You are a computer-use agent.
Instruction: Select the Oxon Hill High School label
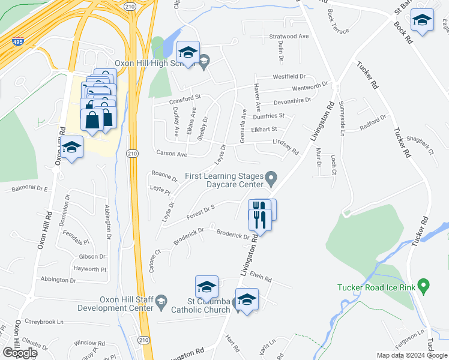[152, 64]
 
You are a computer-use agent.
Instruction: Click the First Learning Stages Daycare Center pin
[271, 177]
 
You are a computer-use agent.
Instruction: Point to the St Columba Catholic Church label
[200, 305]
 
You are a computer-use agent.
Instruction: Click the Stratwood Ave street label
[289, 36]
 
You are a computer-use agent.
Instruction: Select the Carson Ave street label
[172, 154]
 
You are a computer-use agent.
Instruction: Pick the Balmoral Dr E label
[29, 189]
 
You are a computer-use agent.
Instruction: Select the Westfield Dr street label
[289, 77]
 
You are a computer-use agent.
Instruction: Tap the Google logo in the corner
[20, 353]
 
